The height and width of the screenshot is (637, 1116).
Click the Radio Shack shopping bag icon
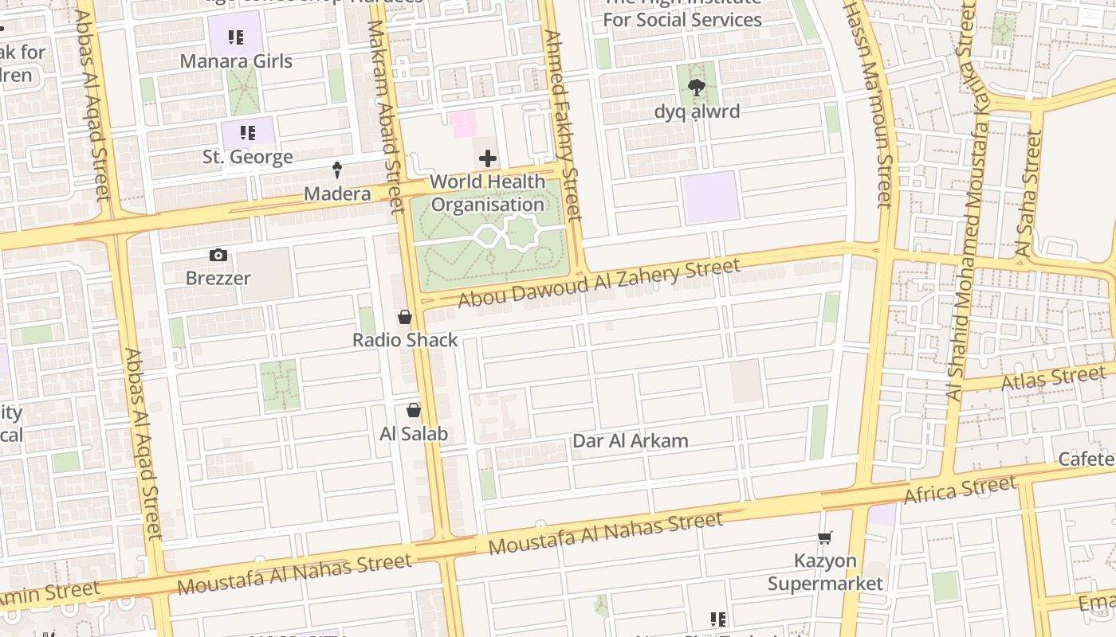pyautogui.click(x=405, y=317)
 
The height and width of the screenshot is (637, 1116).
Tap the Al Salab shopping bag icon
pyautogui.click(x=413, y=410)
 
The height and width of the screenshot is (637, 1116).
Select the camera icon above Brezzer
pyautogui.click(x=218, y=255)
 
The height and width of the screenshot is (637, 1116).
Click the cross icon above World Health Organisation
pyautogui.click(x=487, y=159)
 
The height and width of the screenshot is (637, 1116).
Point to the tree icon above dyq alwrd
pyautogui.click(x=697, y=88)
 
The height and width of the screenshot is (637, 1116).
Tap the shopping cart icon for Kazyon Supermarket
pyautogui.click(x=825, y=538)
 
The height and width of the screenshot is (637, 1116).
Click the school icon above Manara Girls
pyautogui.click(x=235, y=37)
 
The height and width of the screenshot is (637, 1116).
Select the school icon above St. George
pyautogui.click(x=247, y=132)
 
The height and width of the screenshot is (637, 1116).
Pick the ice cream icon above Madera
pyautogui.click(x=337, y=170)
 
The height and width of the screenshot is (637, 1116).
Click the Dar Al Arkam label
pyautogui.click(x=630, y=441)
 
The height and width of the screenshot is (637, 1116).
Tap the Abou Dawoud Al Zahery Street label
pyautogui.click(x=599, y=283)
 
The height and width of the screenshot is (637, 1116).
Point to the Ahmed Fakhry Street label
pyautogui.click(x=563, y=123)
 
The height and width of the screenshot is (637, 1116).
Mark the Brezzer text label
pyautogui.click(x=218, y=279)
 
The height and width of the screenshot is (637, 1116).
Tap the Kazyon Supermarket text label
pyautogui.click(x=825, y=573)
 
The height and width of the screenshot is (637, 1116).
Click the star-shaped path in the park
pyautogui.click(x=521, y=233)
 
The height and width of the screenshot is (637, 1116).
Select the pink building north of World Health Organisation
pyautogui.click(x=462, y=124)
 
